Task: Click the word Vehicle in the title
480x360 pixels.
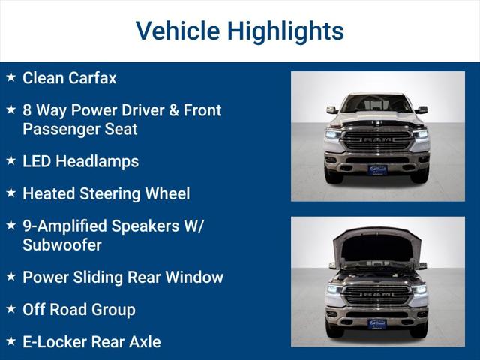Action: pos(177,31)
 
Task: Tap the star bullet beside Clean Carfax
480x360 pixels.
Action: pos(10,77)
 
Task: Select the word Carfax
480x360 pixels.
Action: pos(93,77)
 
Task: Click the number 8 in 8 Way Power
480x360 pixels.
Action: pos(27,110)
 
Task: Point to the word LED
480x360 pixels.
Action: pos(37,161)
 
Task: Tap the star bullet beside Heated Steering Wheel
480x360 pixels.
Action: pos(10,193)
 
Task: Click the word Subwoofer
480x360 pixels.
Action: pos(62,244)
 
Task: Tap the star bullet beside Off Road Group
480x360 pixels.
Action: pos(10,308)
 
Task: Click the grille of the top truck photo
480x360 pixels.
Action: pos(377,139)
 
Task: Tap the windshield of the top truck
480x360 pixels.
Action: pos(377,104)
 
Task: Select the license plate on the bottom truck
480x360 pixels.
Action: pos(377,324)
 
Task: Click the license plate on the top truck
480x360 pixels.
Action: pos(377,169)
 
